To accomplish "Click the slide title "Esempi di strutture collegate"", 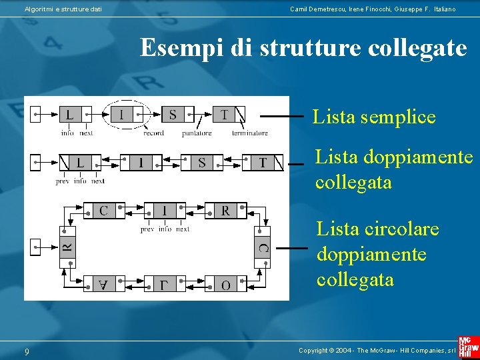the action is click(x=303, y=48).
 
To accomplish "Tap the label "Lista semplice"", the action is click(x=374, y=117).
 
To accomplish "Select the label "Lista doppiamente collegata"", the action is click(x=394, y=170).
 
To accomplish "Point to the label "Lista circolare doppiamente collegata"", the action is click(x=378, y=254).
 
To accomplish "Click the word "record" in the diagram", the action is click(x=153, y=133).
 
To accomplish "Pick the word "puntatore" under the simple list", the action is click(x=197, y=133).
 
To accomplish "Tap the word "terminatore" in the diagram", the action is click(x=250, y=133).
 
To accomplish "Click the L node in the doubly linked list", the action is click(x=80, y=162).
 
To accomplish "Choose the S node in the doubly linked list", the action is click(x=202, y=162).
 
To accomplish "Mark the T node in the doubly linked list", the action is click(x=263, y=162).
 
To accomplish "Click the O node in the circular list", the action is click(x=225, y=284).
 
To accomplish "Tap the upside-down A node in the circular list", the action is click(x=103, y=284).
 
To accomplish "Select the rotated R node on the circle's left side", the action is click(x=67, y=248).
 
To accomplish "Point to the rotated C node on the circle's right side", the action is click(x=262, y=248).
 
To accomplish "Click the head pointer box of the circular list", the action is click(x=35, y=247).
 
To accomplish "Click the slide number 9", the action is click(x=27, y=351).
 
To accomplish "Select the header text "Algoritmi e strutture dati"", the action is click(x=63, y=9).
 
